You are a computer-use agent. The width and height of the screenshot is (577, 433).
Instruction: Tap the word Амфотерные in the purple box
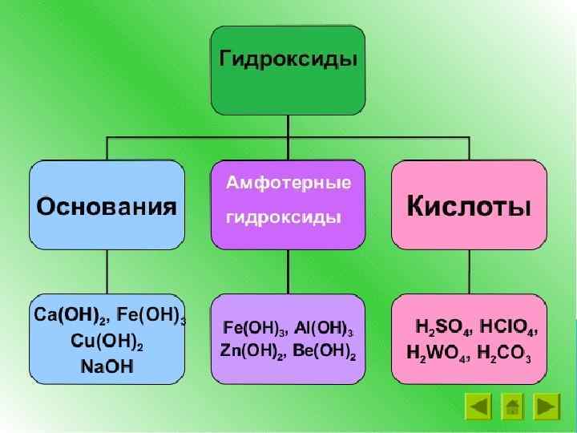pyautogui.click(x=288, y=183)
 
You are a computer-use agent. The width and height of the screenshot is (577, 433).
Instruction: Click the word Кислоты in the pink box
pyautogui.click(x=469, y=207)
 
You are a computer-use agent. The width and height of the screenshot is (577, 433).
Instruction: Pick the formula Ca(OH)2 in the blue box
pyautogui.click(x=70, y=314)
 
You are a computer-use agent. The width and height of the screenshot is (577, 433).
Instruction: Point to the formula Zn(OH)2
pyautogui.click(x=251, y=351)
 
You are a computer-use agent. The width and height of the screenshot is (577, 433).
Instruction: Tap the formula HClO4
pyautogui.click(x=507, y=327)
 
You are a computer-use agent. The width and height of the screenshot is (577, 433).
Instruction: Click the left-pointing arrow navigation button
pyautogui.click(x=478, y=407)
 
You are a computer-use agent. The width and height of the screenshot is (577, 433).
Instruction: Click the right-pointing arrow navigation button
pyautogui.click(x=547, y=407)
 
